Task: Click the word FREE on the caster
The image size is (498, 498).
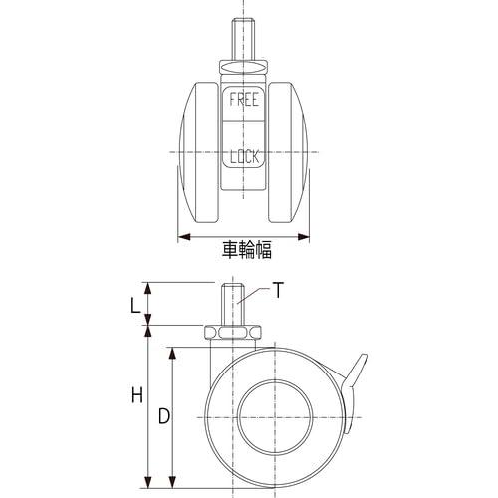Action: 244,100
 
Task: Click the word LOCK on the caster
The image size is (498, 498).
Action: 245,156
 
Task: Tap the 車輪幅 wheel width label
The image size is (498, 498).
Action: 247,250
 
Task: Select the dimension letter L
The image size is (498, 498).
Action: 134,306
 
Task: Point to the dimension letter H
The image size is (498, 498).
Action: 137,395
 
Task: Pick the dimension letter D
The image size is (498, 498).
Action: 164,416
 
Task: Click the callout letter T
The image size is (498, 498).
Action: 278,290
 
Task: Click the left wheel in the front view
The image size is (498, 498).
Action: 199,152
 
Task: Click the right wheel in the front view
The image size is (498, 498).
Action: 288,152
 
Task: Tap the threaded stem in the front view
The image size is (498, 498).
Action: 244,41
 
